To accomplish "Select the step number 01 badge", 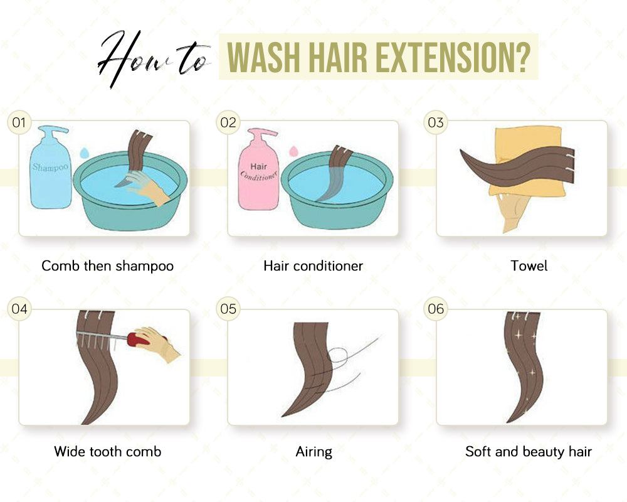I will tap(19, 122).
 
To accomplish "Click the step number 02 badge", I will tap(228, 122).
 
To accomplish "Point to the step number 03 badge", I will tap(436, 122).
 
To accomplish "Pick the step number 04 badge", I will tap(19, 309).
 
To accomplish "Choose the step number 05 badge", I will tap(228, 309).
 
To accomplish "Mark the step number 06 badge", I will tap(436, 309).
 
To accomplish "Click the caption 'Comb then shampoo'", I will tap(107, 266).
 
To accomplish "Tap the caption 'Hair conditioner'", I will tap(313, 266).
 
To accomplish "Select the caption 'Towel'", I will tap(529, 266).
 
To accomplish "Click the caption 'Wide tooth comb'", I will tap(107, 451).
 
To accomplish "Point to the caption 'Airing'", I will tap(313, 451).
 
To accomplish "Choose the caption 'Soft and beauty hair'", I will tap(528, 451).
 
